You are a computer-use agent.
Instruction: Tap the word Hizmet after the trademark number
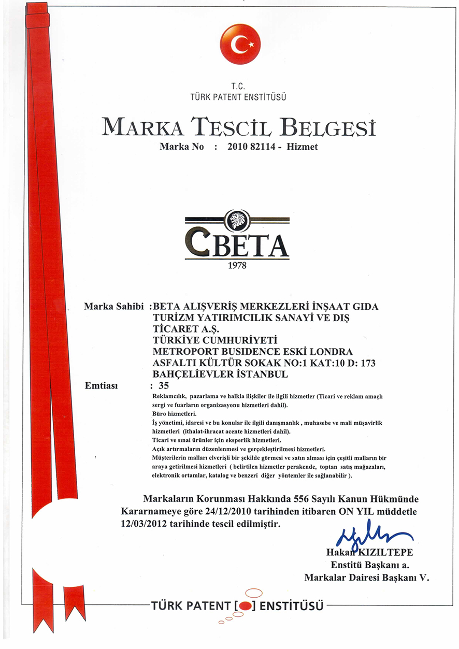302,147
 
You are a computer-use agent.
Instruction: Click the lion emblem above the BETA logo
238,220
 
